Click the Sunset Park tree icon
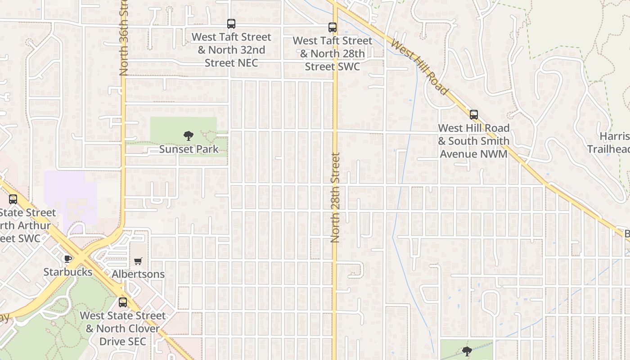coord(189,135)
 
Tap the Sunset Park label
coord(189,149)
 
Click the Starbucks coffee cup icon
coord(67,259)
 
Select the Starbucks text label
coord(67,272)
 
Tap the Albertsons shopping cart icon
coord(138,261)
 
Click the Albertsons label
coord(138,274)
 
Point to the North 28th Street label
coord(335,198)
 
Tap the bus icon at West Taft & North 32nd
coord(231,24)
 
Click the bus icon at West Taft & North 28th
coord(333,27)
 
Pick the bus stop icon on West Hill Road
coord(474,115)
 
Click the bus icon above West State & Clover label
coord(123,302)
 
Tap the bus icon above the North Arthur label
coord(13,199)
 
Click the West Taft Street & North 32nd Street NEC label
coord(231,50)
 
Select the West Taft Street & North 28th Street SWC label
coord(333,54)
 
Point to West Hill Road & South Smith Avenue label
coord(474,141)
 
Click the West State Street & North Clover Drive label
coord(123,328)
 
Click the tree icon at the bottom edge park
coord(467,351)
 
